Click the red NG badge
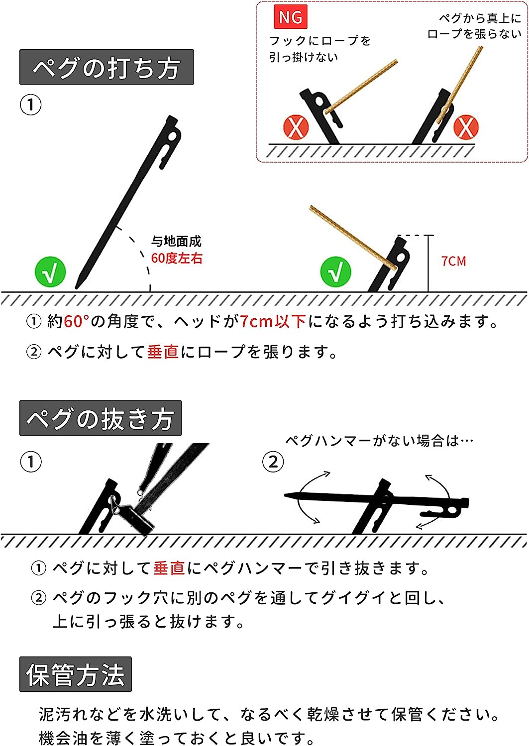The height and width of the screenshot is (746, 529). coord(290,18)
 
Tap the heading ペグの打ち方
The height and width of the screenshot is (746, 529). coord(106,68)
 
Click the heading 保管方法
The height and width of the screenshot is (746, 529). coord(75,675)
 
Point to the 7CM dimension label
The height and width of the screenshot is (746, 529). coord(453,261)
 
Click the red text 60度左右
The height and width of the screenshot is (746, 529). coord(177,258)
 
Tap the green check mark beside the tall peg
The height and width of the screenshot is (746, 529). coord(50,272)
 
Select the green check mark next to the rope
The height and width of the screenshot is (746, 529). coord(336,272)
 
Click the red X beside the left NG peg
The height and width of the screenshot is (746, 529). coord(296,127)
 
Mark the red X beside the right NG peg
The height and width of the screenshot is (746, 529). coord(466,127)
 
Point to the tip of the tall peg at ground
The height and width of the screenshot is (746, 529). coord(76,287)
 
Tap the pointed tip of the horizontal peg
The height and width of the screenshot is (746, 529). coord(287,495)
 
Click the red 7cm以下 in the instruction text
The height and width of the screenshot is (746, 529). coord(273,322)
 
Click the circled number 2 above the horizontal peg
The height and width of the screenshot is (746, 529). coord(273,462)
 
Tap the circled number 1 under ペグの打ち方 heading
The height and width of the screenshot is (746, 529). coord(30,105)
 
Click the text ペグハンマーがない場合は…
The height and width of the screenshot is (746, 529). coord(379,441)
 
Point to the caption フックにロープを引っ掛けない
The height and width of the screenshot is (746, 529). coord(319,49)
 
